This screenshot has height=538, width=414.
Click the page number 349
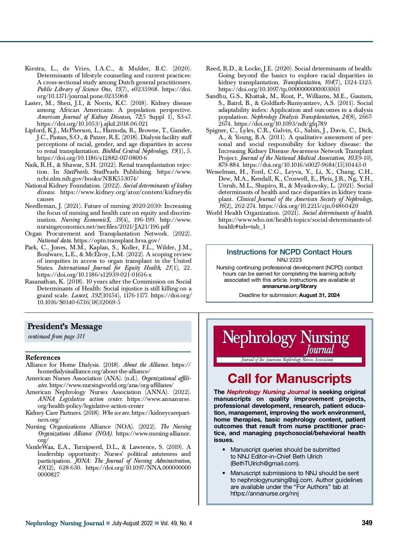[x=367, y=523]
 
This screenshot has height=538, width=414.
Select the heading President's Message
[x=65, y=326]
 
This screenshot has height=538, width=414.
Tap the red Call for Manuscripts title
[x=289, y=378]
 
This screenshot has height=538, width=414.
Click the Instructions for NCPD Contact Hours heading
[x=289, y=252]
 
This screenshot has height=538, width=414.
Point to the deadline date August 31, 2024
[x=319, y=295]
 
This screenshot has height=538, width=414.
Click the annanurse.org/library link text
[x=289, y=286]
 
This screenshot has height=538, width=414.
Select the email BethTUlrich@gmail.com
[x=265, y=463]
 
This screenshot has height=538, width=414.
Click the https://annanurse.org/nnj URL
[x=265, y=493]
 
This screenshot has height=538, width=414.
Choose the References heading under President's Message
[x=43, y=357]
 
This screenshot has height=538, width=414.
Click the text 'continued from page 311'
[x=56, y=336]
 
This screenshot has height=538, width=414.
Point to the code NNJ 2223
[x=289, y=260]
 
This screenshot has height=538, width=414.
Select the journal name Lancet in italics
[x=79, y=296]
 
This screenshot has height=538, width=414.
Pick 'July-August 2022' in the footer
[x=132, y=523]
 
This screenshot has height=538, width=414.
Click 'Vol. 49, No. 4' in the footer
[x=176, y=523]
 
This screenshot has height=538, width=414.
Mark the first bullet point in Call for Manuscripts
[x=224, y=450]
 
